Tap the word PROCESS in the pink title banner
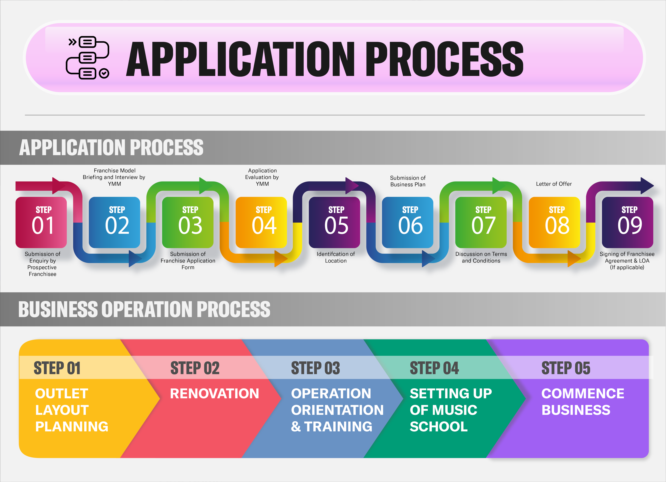click(x=444, y=59)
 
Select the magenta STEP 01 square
click(x=41, y=222)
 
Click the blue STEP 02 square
click(x=114, y=222)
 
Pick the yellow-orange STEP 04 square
click(x=261, y=222)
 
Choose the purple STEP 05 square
click(x=334, y=222)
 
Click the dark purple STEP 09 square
click(x=627, y=222)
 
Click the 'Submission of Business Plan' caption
click(x=408, y=181)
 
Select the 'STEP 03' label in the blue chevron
click(x=315, y=368)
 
